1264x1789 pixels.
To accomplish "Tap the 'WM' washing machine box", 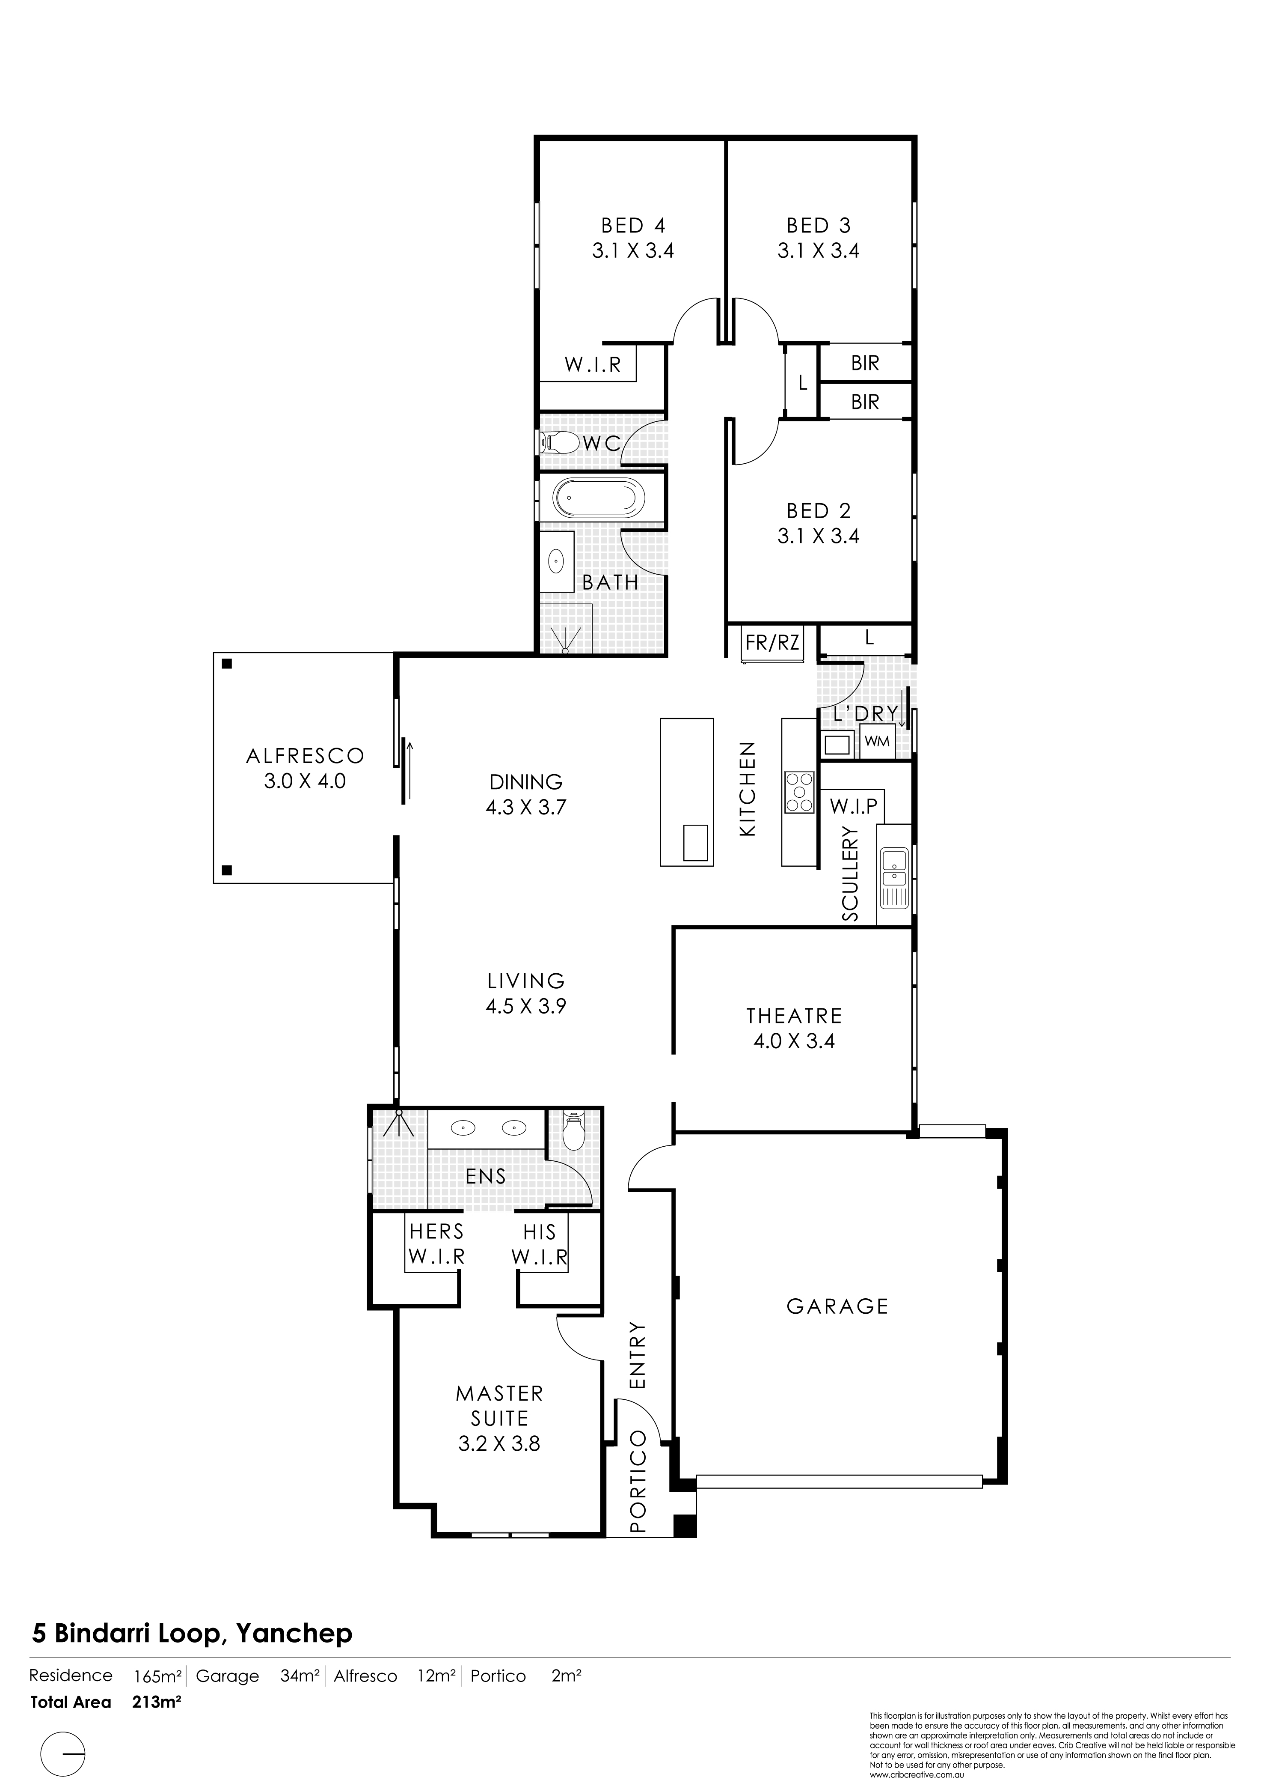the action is click(x=877, y=741).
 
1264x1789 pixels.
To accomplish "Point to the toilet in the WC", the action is click(x=560, y=443).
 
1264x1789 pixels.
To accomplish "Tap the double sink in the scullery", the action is click(x=893, y=878).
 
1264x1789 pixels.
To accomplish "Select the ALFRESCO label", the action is click(x=305, y=756).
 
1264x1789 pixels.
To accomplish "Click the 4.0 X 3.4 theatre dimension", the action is click(x=794, y=1041).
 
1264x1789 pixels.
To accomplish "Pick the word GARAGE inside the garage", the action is click(x=837, y=1307).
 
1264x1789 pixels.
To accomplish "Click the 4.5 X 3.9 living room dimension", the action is click(x=526, y=1006).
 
